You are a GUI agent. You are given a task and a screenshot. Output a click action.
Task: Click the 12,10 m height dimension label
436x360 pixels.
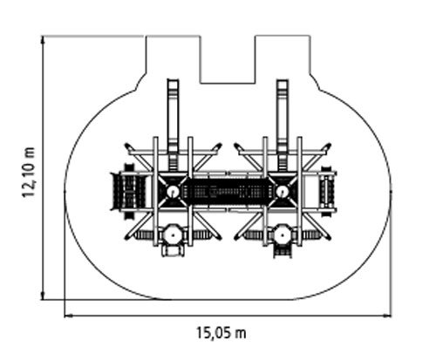29,172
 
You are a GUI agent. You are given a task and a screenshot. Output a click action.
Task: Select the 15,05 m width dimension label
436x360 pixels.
221,333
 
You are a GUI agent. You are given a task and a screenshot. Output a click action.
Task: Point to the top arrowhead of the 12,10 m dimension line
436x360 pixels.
43,39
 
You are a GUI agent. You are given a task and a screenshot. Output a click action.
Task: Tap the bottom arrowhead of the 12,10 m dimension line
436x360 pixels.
43,295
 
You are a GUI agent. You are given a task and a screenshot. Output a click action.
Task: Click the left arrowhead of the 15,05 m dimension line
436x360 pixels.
68,316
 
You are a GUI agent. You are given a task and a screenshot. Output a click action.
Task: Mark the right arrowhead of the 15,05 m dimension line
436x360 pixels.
387,316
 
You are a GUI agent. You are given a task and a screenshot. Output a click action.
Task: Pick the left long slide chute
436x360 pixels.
173,125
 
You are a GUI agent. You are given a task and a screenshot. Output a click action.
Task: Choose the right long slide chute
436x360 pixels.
283,125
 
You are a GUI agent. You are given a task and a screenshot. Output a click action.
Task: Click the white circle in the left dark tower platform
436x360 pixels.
173,192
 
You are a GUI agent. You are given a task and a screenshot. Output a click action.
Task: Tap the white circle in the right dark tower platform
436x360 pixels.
282,192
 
